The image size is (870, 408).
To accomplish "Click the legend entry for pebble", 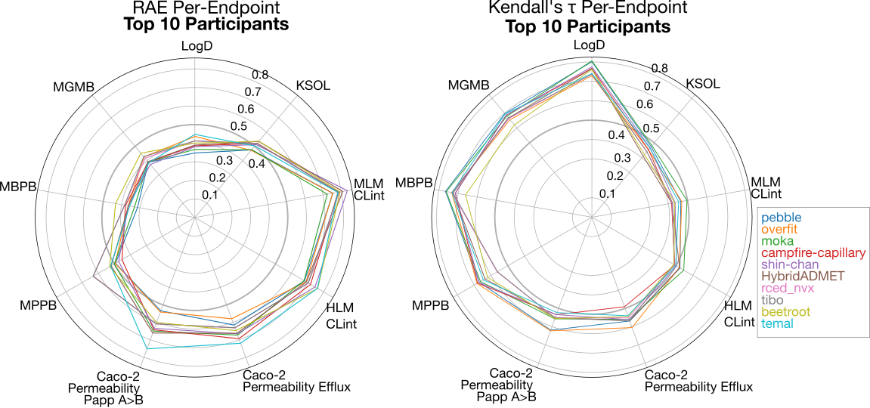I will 779,217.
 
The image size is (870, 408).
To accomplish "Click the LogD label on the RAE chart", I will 197,45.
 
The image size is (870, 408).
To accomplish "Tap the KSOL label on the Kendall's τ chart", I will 703,83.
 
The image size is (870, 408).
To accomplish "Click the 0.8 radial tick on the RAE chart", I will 260,75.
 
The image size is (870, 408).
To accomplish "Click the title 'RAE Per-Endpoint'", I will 197,8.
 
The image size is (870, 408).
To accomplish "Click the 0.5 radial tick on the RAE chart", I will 237,126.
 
